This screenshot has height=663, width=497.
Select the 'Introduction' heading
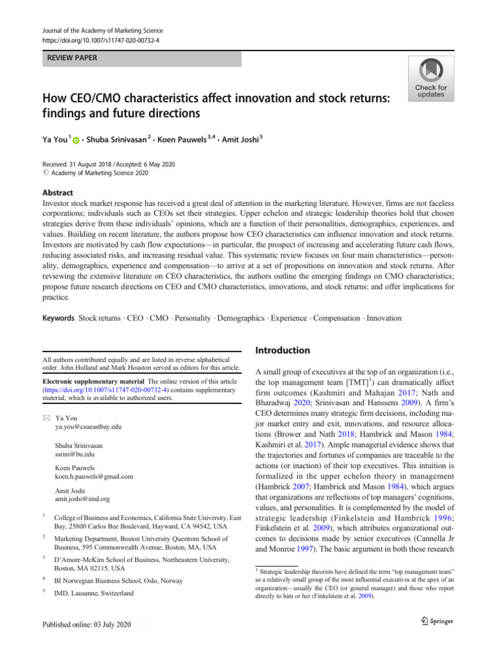click(283, 350)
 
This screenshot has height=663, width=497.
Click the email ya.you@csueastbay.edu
click(89, 427)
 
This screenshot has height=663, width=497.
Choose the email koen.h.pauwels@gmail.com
click(94, 477)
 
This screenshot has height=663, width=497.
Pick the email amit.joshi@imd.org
click(82, 499)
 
